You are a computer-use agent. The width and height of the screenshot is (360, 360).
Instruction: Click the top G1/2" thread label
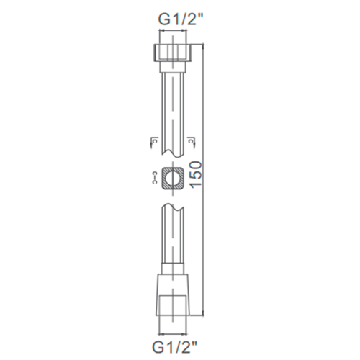[174, 19]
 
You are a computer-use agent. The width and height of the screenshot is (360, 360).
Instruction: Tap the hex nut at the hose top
[174, 53]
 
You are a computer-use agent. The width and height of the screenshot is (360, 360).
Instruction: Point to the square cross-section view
[174, 178]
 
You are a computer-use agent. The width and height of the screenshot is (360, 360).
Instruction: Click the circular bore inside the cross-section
[174, 178]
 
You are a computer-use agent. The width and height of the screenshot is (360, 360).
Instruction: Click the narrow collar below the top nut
[174, 66]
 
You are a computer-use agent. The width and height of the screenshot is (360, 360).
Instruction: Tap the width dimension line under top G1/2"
[174, 33]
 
